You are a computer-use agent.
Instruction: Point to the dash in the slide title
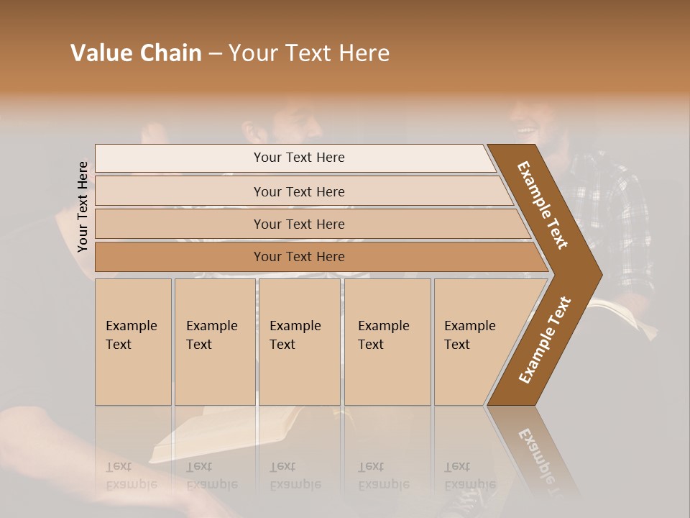215,54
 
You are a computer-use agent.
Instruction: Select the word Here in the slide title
364,53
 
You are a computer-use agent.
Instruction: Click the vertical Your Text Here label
83,206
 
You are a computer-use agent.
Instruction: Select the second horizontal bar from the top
298,191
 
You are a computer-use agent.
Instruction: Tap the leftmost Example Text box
133,342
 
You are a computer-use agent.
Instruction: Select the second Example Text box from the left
215,342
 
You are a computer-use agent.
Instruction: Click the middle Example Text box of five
299,342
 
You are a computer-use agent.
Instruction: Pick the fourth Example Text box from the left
387,342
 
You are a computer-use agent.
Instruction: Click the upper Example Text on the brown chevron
543,205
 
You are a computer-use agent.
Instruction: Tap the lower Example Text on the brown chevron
545,340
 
